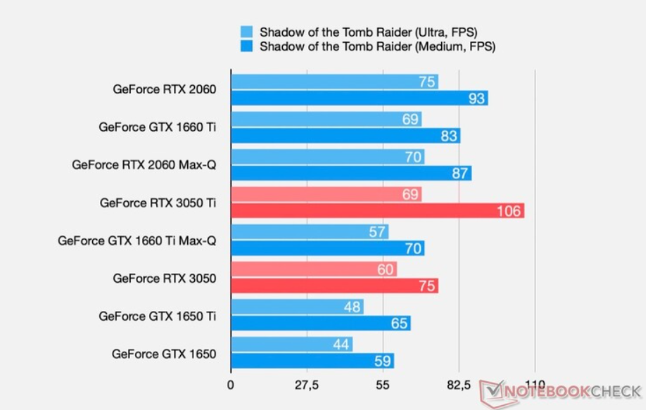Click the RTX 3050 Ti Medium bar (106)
tap(377, 210)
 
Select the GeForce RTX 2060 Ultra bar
tap(334, 82)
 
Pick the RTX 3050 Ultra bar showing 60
tap(313, 269)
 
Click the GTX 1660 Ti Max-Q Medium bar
tap(327, 248)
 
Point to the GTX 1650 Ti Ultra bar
tap(296, 307)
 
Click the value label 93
tap(477, 98)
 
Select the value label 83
tap(449, 136)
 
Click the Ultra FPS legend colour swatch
tap(247, 32)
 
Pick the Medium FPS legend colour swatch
tap(247, 47)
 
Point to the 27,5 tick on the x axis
tap(307, 385)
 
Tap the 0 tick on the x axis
tap(231, 385)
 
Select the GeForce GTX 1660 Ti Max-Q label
tap(136, 241)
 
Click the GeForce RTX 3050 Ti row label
tap(158, 203)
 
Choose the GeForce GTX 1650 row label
tap(163, 354)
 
